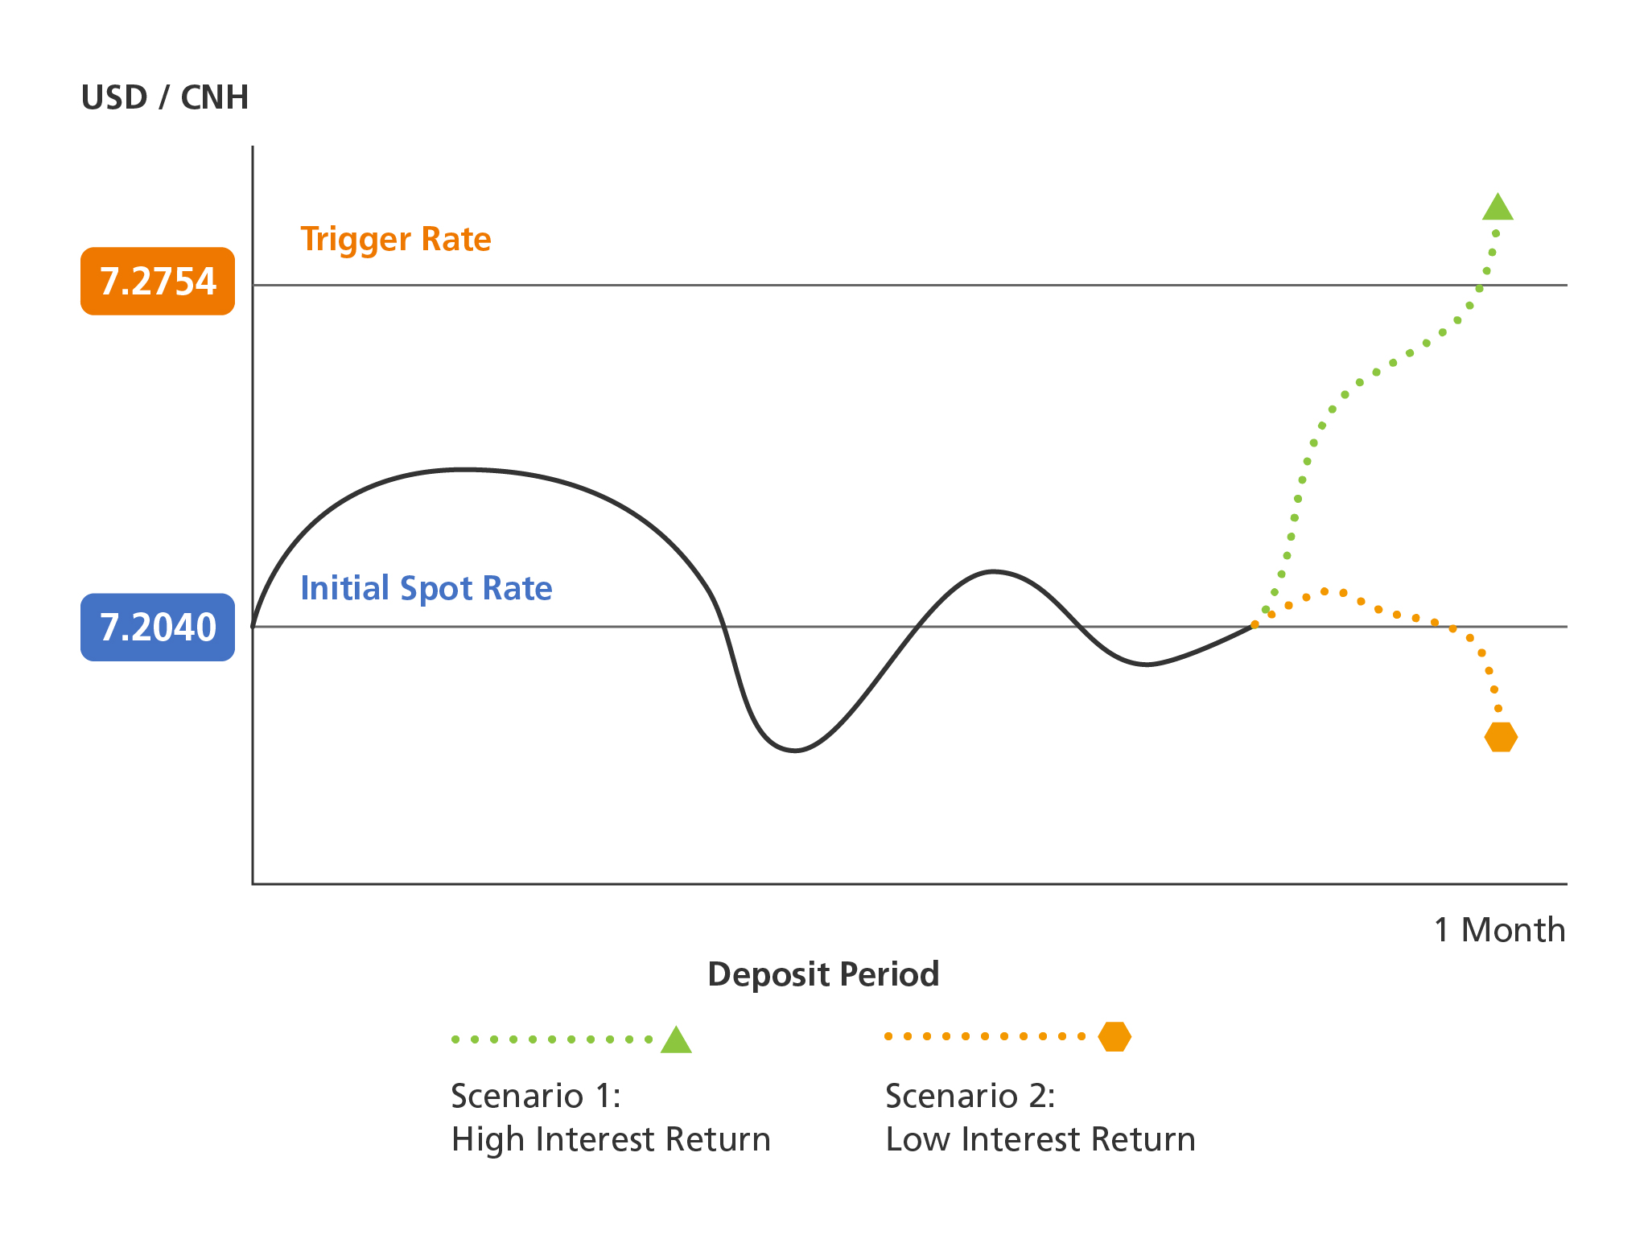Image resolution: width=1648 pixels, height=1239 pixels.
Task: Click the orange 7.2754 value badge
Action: pos(158,281)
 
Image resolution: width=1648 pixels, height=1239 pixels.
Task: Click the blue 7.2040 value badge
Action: pos(158,627)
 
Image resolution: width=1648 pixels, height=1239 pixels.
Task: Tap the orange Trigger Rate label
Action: pos(396,240)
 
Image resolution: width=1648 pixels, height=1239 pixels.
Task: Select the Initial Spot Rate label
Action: pos(426,589)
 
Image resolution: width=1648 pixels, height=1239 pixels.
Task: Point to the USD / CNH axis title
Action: pos(165,97)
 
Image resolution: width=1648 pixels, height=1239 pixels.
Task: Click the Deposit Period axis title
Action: pos(823,974)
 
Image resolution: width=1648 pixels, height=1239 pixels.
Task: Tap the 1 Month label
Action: pos(1500,930)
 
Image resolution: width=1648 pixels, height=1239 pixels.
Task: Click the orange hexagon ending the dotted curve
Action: pos(1501,736)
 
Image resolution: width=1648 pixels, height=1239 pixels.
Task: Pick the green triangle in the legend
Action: pos(676,1040)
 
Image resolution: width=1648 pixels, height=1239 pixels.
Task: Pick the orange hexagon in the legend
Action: pos(1114,1036)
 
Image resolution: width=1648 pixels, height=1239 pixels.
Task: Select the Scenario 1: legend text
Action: pos(536,1096)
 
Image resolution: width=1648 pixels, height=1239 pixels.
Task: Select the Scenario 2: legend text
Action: pos(970,1096)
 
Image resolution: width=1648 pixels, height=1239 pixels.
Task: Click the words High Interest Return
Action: pos(611,1139)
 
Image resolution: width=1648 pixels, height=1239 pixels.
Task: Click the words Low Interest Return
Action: pos(1040,1139)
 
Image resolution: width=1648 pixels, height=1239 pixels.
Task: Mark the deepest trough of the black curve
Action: pos(795,751)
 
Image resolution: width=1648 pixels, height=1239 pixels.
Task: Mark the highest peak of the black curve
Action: pos(465,469)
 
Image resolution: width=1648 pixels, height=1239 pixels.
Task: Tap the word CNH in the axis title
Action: pos(215,97)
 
